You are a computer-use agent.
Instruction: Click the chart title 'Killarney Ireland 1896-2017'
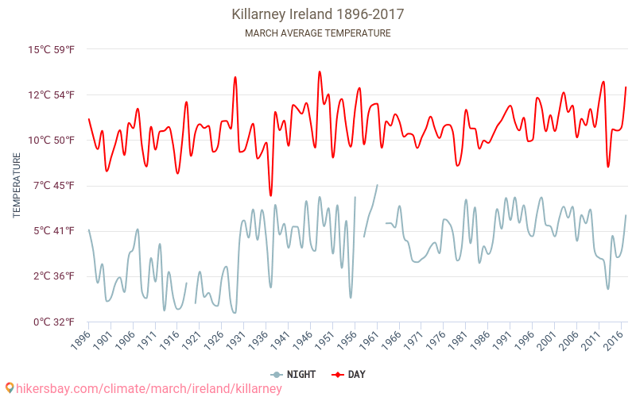click(318, 14)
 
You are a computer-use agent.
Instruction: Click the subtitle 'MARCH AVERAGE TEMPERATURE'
click(318, 33)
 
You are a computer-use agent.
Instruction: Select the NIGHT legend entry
click(294, 374)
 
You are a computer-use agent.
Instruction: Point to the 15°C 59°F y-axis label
click(52, 50)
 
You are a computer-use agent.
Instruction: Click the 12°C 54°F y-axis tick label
click(52, 95)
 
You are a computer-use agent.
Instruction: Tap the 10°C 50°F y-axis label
click(52, 141)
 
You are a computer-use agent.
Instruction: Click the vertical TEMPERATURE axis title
click(17, 186)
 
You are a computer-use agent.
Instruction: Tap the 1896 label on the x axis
click(79, 340)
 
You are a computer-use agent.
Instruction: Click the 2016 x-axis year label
click(614, 340)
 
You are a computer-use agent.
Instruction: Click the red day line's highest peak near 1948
click(320, 71)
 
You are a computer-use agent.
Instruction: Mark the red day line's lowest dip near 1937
click(270, 195)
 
